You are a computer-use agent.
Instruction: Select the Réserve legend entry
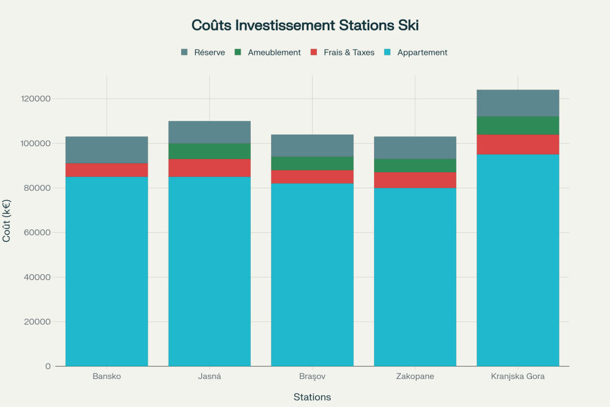[203, 52]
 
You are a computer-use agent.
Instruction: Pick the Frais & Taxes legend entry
[343, 52]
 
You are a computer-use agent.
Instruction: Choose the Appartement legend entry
[416, 52]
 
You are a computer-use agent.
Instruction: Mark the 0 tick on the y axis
[48, 366]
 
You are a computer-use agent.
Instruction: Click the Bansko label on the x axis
[107, 377]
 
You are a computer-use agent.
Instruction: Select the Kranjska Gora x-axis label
[518, 377]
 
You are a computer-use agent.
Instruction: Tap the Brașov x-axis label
[312, 377]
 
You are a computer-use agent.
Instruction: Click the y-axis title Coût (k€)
[7, 220]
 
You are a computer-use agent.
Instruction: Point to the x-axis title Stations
[312, 397]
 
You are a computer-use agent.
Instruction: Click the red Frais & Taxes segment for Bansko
[107, 170]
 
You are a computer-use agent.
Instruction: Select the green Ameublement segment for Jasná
[209, 151]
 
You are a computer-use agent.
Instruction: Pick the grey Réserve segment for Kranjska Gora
[518, 103]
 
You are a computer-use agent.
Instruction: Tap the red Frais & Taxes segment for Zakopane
[415, 181]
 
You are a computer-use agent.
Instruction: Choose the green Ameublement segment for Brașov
[312, 163]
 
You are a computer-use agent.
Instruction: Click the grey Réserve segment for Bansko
[107, 150]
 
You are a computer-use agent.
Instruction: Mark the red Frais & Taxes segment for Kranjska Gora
[518, 145]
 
